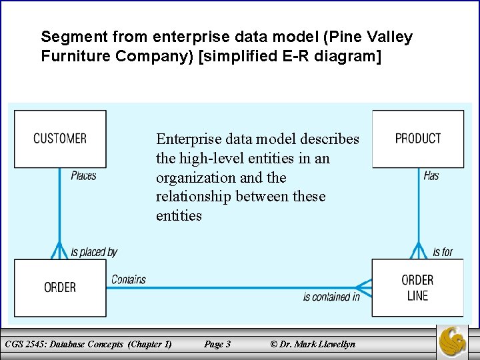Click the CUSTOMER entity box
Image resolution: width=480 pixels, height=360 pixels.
pos(60,139)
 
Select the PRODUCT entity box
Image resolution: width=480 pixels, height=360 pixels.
pos(418,139)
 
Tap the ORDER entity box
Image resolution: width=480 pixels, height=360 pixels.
pos(60,287)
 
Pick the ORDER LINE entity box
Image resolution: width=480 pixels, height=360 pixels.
pos(418,287)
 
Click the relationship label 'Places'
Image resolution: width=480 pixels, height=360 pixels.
pos(83,176)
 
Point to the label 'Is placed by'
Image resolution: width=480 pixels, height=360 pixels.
pos(94,252)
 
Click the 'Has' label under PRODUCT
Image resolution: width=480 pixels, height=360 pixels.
pos(431,176)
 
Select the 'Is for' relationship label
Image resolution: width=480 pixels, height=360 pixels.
pos(443,252)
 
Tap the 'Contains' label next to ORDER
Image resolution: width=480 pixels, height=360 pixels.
pos(129,279)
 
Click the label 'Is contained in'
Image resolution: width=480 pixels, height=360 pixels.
pos(331,297)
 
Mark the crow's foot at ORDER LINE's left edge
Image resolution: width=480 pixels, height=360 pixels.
pos(363,287)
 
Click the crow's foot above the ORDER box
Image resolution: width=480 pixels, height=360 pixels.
pos(59,252)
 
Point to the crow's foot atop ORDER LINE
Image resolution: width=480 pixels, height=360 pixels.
pos(418,251)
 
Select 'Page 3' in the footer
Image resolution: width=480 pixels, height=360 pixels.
pos(217,344)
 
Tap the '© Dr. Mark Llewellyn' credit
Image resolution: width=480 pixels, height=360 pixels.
pos(313,344)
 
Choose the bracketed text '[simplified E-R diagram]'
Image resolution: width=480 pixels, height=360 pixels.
pos(290,56)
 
